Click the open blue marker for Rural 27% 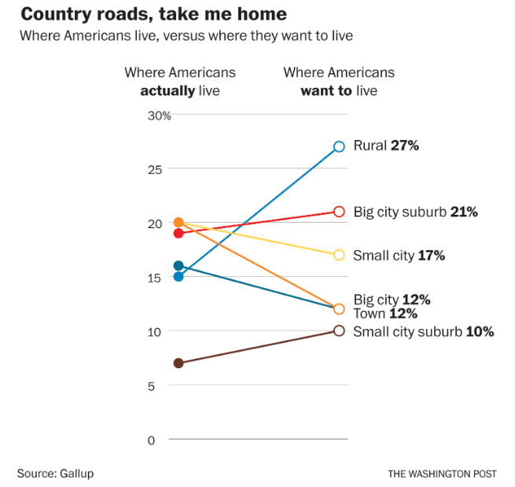point(339,146)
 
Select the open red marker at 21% point(339,212)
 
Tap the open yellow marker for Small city point(339,255)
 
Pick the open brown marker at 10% point(339,330)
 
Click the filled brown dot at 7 point(178,363)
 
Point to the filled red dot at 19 point(178,233)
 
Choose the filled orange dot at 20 point(178,223)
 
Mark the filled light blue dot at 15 point(178,276)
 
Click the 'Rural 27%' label point(386,146)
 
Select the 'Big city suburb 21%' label point(415,212)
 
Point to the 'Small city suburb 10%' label point(423,331)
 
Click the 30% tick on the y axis point(160,116)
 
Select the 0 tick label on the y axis point(152,439)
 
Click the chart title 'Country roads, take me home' point(153,14)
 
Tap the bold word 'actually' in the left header point(167,90)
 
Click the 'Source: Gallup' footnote point(55,473)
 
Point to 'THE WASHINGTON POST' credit point(442,474)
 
